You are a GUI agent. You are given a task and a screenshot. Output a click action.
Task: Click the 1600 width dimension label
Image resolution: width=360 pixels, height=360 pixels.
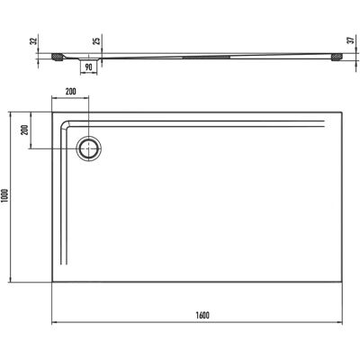(202, 315)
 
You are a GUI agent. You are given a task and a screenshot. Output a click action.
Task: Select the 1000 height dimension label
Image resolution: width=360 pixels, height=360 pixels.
(6, 197)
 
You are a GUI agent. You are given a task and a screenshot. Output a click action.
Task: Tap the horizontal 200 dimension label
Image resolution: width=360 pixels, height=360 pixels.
(70, 92)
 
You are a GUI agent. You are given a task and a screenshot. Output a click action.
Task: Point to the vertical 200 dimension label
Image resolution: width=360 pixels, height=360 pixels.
(25, 130)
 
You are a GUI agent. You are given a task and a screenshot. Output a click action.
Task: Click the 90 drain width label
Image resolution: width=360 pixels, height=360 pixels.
(88, 67)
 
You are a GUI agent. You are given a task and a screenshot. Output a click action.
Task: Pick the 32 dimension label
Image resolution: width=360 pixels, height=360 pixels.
(34, 40)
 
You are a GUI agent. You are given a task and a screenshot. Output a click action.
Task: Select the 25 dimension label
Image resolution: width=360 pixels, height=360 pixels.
(98, 40)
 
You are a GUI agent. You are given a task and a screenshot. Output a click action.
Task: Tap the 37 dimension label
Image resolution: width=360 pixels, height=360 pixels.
(351, 40)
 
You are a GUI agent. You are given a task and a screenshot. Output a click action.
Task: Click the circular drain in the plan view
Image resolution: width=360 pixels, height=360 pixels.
(89, 148)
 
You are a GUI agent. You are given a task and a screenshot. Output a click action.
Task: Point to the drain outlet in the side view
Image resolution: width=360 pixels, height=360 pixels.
(88, 59)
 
